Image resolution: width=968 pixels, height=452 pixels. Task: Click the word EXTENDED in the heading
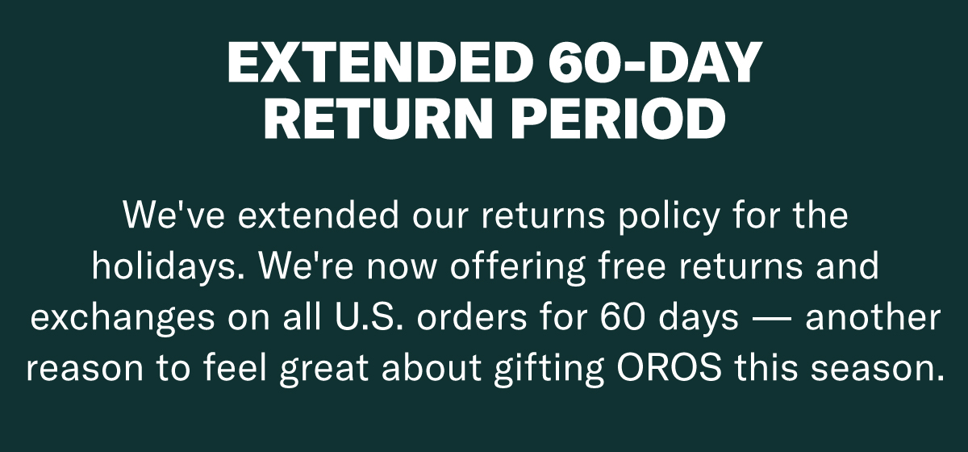coord(380,62)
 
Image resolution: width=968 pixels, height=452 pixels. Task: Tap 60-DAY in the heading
coord(655,62)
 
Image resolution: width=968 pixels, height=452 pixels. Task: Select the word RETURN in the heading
coord(378,118)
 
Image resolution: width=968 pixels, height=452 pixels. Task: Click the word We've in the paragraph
coord(174,215)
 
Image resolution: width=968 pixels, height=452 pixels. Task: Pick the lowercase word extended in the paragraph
coord(318,215)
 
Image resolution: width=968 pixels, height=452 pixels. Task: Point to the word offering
coord(518,268)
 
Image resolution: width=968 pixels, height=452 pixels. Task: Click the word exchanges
coord(123,319)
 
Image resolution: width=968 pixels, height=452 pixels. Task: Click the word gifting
coord(549,370)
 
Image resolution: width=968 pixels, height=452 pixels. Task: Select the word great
coord(323,370)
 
